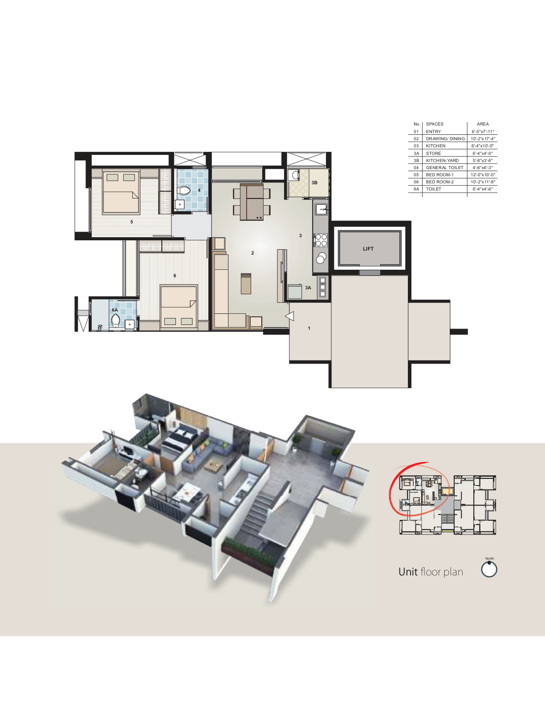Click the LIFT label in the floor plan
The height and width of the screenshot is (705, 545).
[368, 249]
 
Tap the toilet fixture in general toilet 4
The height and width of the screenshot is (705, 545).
[184, 190]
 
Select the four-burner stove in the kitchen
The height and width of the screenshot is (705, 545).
[321, 240]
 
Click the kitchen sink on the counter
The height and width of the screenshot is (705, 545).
[321, 209]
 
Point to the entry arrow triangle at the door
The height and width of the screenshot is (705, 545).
[289, 316]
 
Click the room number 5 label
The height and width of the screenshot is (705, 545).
[131, 222]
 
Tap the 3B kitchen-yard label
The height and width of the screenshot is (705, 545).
[314, 182]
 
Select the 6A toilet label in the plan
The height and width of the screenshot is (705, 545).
[115, 310]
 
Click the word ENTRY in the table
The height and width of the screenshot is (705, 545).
[433, 131]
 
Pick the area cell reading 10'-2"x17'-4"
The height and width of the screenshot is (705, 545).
[483, 138]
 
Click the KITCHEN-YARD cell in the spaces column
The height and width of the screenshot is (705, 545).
[442, 160]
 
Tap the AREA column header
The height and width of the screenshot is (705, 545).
[483, 124]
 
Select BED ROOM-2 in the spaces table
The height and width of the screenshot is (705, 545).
[440, 182]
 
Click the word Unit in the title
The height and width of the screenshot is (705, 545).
[408, 571]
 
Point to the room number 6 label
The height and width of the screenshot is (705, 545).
[175, 276]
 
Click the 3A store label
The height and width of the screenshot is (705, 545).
[308, 288]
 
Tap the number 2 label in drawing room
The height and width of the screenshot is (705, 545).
[252, 253]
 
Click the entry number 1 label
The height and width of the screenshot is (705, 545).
[309, 328]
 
